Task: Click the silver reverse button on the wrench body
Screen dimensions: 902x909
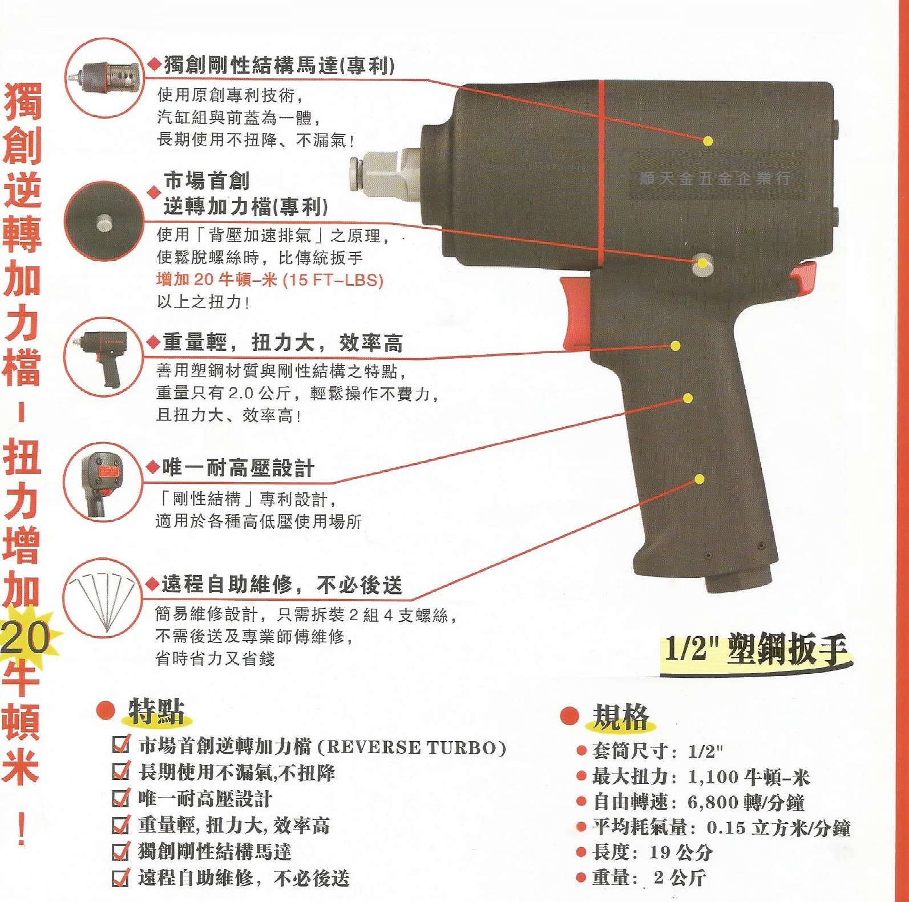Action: click(702, 265)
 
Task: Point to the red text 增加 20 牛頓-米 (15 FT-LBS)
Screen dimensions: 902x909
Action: click(270, 280)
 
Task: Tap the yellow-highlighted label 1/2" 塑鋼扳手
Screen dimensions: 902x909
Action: click(756, 650)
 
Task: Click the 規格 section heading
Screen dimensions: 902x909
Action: click(621, 717)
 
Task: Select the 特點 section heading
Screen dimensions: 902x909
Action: click(156, 711)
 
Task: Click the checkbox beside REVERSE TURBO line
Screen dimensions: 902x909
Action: click(120, 745)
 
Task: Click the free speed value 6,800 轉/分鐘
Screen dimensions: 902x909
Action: click(745, 802)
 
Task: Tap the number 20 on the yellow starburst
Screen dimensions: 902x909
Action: click(26, 637)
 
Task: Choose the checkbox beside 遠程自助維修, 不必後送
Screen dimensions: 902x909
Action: click(120, 877)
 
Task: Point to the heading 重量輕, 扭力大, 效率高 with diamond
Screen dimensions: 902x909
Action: click(282, 342)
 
